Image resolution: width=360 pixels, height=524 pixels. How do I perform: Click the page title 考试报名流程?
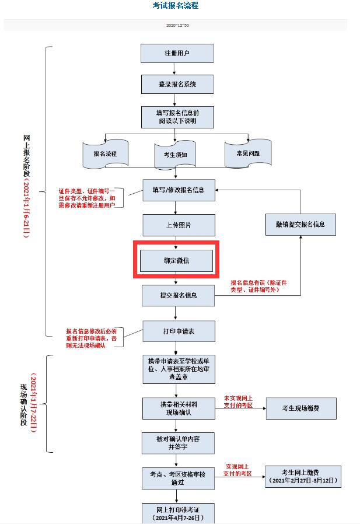(176, 6)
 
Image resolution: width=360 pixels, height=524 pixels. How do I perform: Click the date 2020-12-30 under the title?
(177, 26)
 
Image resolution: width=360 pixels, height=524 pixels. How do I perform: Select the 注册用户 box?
(177, 53)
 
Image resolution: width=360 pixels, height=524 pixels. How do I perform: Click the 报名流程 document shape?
(105, 154)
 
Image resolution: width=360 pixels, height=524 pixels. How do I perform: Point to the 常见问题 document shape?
(248, 153)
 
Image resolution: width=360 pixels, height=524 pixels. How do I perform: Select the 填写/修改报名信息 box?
(179, 190)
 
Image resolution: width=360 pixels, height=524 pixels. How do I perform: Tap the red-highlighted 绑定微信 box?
(176, 261)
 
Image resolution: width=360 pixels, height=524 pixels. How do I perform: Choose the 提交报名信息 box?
(178, 295)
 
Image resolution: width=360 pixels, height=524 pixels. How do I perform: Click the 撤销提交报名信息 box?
(300, 224)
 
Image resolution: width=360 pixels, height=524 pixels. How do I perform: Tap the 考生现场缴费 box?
(301, 408)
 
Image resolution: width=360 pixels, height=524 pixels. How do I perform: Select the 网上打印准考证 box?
(176, 513)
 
